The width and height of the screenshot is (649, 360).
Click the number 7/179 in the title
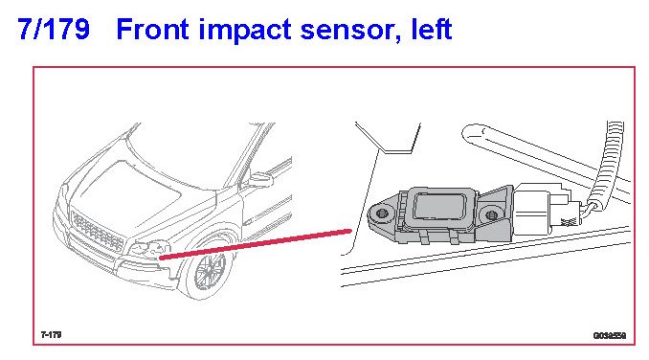(54, 29)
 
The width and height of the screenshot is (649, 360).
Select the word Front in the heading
(153, 29)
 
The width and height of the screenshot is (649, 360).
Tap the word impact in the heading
(245, 31)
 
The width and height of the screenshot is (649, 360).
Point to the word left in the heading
(432, 29)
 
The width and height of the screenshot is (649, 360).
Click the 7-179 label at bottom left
(52, 334)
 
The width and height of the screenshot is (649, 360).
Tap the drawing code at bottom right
(610, 336)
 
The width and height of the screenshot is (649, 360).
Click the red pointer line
(256, 244)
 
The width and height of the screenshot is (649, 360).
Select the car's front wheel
(209, 270)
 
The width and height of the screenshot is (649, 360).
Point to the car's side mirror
(260, 180)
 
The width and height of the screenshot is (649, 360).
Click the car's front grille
(98, 231)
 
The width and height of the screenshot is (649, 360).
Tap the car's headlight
(150, 249)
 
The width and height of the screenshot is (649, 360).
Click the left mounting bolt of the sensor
(382, 214)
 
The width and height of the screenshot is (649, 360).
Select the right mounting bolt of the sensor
(491, 214)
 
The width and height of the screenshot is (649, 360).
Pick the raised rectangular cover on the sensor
(439, 209)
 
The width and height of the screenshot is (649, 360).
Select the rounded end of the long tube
(472, 133)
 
